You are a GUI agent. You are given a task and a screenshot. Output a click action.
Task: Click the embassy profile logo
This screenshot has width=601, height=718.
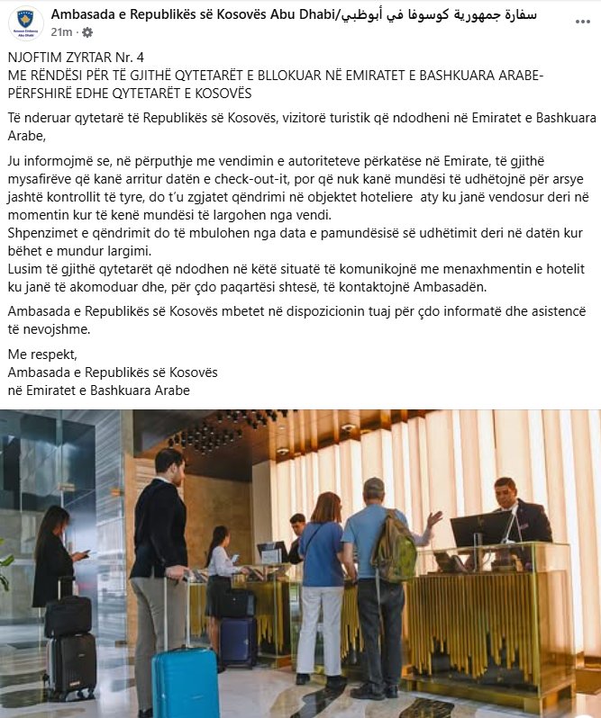pyautogui.click(x=25, y=22)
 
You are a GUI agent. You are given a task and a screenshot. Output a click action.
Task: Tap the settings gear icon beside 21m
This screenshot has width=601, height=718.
pyautogui.click(x=87, y=32)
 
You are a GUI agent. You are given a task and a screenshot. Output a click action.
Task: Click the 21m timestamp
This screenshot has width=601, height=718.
pyautogui.click(x=61, y=32)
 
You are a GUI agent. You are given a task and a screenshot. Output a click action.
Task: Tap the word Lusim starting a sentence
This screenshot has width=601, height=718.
pyautogui.click(x=23, y=269)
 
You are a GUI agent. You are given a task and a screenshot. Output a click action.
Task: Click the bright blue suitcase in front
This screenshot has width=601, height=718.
pyautogui.click(x=185, y=679)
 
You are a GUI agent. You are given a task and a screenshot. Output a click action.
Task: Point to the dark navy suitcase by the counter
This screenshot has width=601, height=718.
pyautogui.click(x=238, y=641)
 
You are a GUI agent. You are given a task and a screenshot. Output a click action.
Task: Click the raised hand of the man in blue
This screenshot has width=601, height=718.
pyautogui.click(x=435, y=519)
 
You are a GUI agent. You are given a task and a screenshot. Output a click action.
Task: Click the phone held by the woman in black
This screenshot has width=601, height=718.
pyautogui.click(x=86, y=552)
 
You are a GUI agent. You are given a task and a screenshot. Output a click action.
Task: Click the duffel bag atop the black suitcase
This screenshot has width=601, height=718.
pyautogui.click(x=68, y=615)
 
